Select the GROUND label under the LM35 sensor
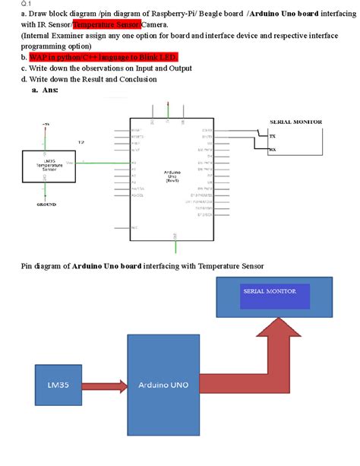(x=46, y=204)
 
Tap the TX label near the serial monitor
(x=273, y=136)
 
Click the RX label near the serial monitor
(x=273, y=151)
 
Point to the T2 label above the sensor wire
(x=81, y=142)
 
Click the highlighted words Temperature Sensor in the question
(x=106, y=24)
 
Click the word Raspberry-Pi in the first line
(x=173, y=14)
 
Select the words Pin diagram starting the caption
(x=41, y=266)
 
